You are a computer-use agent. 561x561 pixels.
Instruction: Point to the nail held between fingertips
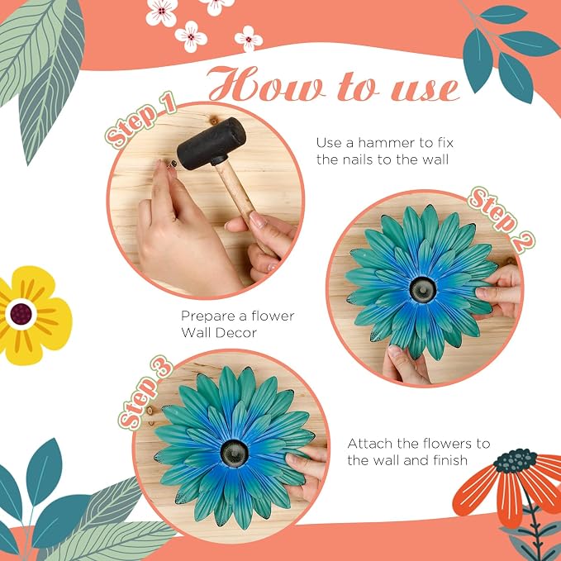point(172,164)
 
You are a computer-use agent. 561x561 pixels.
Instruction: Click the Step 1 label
point(140,120)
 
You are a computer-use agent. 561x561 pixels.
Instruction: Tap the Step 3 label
point(146,392)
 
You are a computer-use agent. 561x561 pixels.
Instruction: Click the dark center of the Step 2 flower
point(423,289)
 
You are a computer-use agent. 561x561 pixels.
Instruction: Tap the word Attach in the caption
point(371,444)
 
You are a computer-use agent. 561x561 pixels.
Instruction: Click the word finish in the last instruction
point(450,460)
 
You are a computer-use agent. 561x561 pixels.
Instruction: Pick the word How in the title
point(267,84)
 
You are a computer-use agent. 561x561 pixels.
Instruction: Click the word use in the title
point(425,89)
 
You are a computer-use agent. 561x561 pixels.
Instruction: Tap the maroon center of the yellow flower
point(21,314)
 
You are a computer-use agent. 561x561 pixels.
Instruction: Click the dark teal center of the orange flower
point(516,460)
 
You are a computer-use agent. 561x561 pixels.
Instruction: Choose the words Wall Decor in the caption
point(219,333)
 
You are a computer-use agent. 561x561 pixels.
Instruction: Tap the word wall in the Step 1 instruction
point(433,159)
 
